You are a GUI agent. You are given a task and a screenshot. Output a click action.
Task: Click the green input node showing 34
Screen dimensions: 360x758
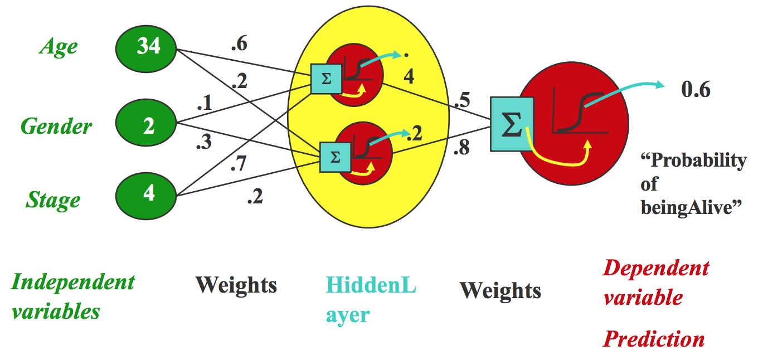pyautogui.click(x=148, y=47)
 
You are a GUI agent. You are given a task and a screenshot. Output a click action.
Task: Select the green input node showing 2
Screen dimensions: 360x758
pyautogui.click(x=148, y=126)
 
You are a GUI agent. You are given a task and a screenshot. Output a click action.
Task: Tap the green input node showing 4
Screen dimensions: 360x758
pyautogui.click(x=148, y=193)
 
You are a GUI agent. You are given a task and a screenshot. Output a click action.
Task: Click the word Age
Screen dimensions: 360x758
pyautogui.click(x=58, y=47)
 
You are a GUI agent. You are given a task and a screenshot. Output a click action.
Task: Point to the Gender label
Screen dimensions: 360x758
pyautogui.click(x=56, y=127)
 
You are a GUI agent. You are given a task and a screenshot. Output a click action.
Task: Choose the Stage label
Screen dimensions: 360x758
pyautogui.click(x=53, y=200)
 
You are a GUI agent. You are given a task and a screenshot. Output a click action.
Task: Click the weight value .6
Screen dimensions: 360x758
pyautogui.click(x=239, y=45)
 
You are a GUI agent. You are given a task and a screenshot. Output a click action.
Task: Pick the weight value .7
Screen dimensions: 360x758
pyautogui.click(x=239, y=164)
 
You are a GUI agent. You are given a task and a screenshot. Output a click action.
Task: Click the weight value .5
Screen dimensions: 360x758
pyautogui.click(x=461, y=101)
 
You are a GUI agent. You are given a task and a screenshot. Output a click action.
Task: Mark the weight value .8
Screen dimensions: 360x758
pyautogui.click(x=463, y=148)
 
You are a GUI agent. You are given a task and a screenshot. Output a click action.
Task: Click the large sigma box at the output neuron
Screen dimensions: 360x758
pyautogui.click(x=512, y=124)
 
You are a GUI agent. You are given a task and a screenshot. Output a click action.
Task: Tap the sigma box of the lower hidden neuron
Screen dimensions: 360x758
pyautogui.click(x=334, y=157)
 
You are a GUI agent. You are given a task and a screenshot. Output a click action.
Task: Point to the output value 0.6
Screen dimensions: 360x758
pyautogui.click(x=696, y=89)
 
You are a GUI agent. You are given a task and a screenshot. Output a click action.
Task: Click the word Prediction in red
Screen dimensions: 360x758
pyautogui.click(x=654, y=339)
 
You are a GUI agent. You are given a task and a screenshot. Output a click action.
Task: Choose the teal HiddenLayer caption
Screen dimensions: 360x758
pyautogui.click(x=371, y=300)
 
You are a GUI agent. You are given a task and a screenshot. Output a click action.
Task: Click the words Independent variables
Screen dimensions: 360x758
pyautogui.click(x=72, y=296)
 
